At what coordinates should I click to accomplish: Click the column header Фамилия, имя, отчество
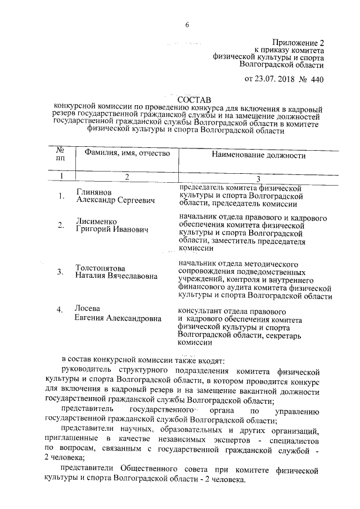(127, 153)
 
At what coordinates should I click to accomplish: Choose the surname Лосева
(87, 308)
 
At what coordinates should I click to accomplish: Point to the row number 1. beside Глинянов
(61, 196)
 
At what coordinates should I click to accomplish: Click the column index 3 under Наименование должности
(258, 179)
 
